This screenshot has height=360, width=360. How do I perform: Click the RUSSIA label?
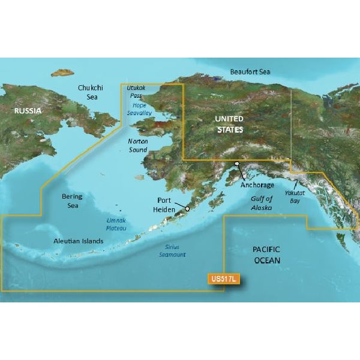click(29, 111)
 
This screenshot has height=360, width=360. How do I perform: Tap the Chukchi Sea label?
click(91, 93)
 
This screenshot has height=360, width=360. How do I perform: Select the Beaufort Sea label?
click(250, 72)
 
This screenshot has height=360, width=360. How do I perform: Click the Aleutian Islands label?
click(77, 241)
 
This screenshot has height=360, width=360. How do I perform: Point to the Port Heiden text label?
click(169, 204)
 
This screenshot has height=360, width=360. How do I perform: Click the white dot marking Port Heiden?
click(188, 209)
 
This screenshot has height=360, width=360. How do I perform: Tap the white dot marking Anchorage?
click(237, 163)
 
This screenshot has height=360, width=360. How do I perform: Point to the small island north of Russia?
click(61, 74)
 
